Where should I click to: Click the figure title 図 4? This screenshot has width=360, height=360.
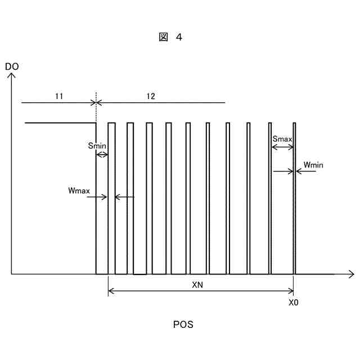point(170,38)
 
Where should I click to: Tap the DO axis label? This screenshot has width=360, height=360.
point(11,67)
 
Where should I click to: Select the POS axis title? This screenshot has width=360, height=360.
point(183,325)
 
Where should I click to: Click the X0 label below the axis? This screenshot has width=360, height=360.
point(293,302)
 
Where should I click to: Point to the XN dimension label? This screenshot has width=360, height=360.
point(197,285)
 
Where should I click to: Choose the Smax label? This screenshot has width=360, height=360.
point(282,138)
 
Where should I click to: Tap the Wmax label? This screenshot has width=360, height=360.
point(79,191)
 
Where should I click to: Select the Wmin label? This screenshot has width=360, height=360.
point(313,165)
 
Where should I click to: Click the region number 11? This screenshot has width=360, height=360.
point(59,96)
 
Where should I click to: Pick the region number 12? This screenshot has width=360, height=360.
point(151,96)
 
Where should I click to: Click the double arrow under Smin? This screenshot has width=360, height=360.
point(102,154)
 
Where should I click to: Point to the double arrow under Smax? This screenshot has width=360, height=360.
point(282,147)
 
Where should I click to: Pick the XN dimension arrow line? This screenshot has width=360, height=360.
point(200,291)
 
